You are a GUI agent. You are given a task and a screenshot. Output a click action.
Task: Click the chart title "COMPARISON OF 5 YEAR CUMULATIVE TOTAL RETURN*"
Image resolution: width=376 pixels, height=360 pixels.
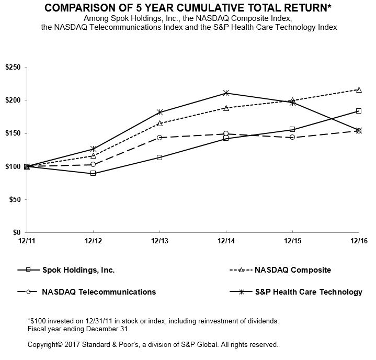(188, 8)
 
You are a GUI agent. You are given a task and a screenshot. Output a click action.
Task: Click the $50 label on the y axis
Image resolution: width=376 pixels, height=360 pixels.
(13, 199)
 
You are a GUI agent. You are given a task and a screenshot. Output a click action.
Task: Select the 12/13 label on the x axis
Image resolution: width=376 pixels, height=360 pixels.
(159, 242)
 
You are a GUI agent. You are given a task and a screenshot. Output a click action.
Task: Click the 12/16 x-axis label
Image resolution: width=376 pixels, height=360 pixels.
(358, 242)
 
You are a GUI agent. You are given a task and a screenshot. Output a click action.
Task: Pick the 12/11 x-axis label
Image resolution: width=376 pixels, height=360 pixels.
(27, 242)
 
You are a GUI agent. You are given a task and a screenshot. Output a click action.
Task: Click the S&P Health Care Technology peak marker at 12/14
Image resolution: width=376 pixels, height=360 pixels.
(226, 93)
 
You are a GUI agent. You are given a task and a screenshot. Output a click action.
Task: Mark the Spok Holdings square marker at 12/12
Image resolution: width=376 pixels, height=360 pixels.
(93, 173)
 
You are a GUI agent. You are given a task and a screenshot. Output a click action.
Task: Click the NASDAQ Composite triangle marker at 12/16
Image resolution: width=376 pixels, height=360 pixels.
(358, 89)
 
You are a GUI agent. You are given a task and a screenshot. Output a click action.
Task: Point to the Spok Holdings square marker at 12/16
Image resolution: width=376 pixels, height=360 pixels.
(358, 111)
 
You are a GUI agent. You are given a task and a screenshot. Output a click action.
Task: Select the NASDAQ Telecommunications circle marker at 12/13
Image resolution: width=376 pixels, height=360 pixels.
(159, 138)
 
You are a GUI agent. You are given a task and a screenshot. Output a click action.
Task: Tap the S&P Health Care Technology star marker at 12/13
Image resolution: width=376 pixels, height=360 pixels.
(159, 112)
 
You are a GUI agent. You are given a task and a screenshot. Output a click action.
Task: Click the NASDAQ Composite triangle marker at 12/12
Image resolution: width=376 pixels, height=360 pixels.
(93, 156)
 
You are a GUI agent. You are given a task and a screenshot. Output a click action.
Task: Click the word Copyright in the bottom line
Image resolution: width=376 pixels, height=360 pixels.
(43, 345)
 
